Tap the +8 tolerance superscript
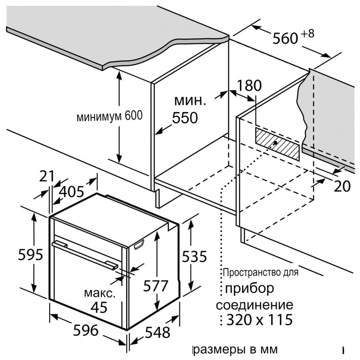(x=308, y=33)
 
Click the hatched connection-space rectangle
(x=277, y=143)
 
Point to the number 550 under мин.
(x=185, y=118)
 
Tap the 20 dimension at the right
(x=342, y=186)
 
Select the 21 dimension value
(x=47, y=176)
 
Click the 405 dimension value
(x=71, y=192)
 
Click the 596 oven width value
(x=85, y=330)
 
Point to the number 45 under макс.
(x=99, y=307)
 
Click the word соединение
(x=254, y=305)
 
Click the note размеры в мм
(x=236, y=350)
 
